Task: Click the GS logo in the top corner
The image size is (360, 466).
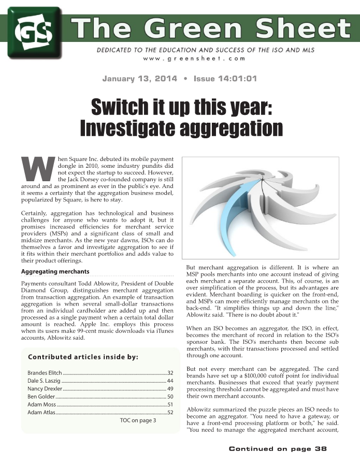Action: (x=34, y=32)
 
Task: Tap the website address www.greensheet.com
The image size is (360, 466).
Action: (x=194, y=59)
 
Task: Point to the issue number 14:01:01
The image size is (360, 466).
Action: (x=239, y=79)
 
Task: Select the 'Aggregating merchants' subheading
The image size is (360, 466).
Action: (x=55, y=272)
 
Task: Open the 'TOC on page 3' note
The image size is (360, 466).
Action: (x=138, y=420)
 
